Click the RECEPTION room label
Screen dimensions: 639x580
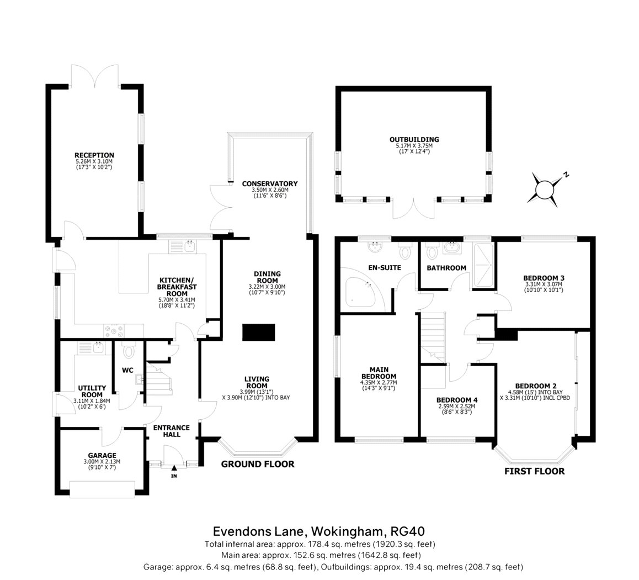point(94,155)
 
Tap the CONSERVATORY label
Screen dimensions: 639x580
point(270,183)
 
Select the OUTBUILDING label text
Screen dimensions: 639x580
point(414,140)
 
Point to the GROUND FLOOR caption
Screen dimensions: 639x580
point(258,464)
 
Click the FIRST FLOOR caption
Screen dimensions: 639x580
point(535,472)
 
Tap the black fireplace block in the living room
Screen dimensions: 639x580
point(259,333)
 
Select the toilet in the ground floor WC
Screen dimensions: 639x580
point(129,350)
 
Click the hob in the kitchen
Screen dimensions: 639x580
point(114,330)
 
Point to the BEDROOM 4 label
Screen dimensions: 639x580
point(457,400)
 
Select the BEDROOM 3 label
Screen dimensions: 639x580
point(544,278)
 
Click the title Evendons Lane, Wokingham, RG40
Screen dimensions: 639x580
point(319,531)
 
